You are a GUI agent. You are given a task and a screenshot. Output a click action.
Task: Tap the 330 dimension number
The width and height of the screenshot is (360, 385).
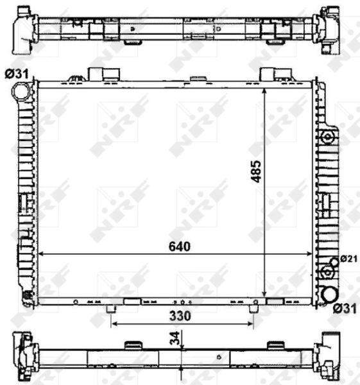click(182, 316)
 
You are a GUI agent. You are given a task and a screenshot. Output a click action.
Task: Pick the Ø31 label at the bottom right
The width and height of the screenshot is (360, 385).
click(344, 309)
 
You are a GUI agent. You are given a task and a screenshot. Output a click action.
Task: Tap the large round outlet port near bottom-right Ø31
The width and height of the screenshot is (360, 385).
click(329, 294)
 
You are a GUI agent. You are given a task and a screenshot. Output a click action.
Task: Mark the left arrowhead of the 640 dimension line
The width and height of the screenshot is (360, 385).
click(42, 255)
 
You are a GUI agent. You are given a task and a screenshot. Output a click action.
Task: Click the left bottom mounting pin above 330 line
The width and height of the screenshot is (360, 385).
click(112, 309)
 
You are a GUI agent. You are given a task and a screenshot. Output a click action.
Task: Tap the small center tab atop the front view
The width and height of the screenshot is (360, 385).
click(194, 79)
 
